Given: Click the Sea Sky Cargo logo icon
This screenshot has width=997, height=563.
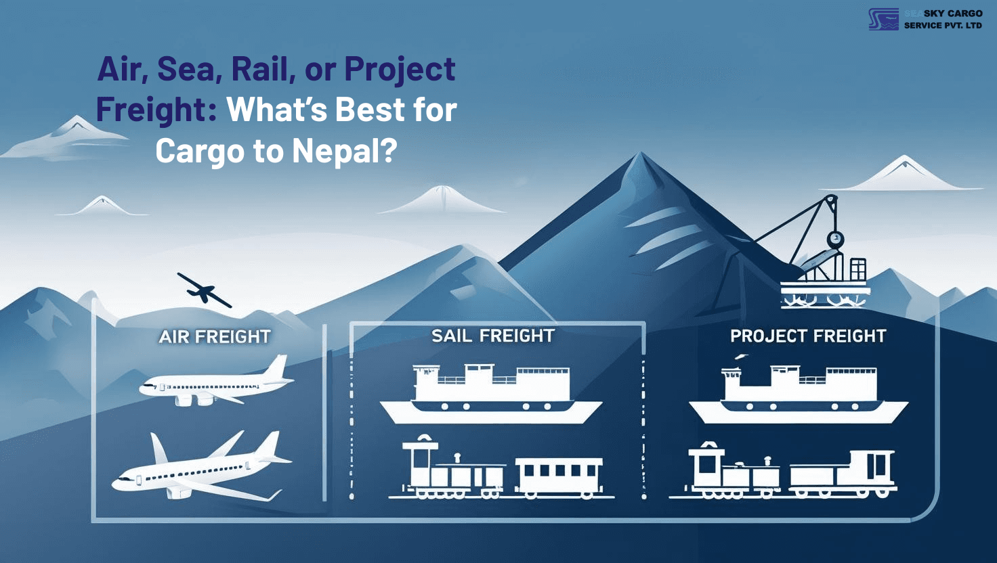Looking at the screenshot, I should (884, 20).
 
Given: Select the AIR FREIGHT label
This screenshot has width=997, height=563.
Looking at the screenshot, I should (215, 336).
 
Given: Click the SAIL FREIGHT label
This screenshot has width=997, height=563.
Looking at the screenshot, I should (493, 336).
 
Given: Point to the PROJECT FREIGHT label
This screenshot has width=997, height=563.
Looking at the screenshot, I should (808, 336).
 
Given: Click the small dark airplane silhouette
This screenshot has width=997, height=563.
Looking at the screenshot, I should (203, 290).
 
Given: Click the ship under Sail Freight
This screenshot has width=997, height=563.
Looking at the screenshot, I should (491, 395).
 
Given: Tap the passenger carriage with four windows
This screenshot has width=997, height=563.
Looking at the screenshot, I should (559, 474).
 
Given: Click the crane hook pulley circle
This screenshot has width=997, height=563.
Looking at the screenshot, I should (836, 238).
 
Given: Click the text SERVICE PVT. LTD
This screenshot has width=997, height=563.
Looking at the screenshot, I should (943, 26).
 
